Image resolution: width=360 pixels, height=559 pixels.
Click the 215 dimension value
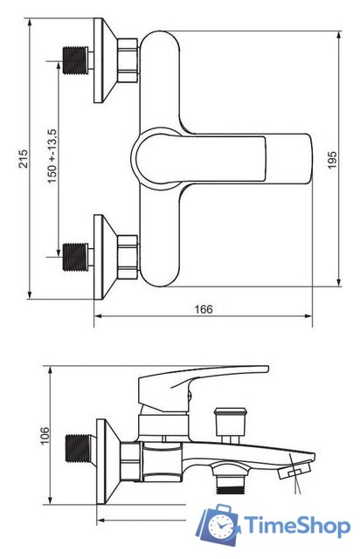click(x=24, y=159)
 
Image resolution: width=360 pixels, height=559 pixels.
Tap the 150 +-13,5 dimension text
click(x=52, y=156)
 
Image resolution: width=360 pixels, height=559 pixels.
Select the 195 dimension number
click(x=332, y=160)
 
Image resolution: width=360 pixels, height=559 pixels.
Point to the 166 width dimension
click(x=204, y=308)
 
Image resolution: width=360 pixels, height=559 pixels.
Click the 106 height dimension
click(x=45, y=435)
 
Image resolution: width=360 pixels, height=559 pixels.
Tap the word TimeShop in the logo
click(x=297, y=526)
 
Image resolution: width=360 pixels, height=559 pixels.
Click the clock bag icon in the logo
click(x=218, y=525)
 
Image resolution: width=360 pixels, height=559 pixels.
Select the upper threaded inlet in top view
click(x=76, y=60)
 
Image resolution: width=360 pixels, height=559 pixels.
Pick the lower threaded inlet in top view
click(x=76, y=257)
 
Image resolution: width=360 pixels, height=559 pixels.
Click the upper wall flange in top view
click(x=104, y=60)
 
